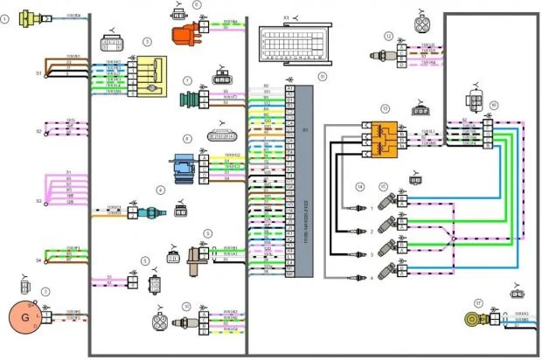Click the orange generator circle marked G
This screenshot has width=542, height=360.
[x=25, y=315]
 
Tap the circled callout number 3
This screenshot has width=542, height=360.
[x=148, y=41]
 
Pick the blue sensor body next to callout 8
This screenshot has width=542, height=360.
[x=183, y=167]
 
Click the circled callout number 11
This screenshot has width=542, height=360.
[x=323, y=77]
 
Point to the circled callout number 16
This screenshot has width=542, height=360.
[x=494, y=105]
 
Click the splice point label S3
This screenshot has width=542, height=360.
[x=38, y=201]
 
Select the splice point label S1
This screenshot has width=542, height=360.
[x=38, y=73]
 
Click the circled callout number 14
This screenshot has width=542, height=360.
[x=359, y=187]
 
